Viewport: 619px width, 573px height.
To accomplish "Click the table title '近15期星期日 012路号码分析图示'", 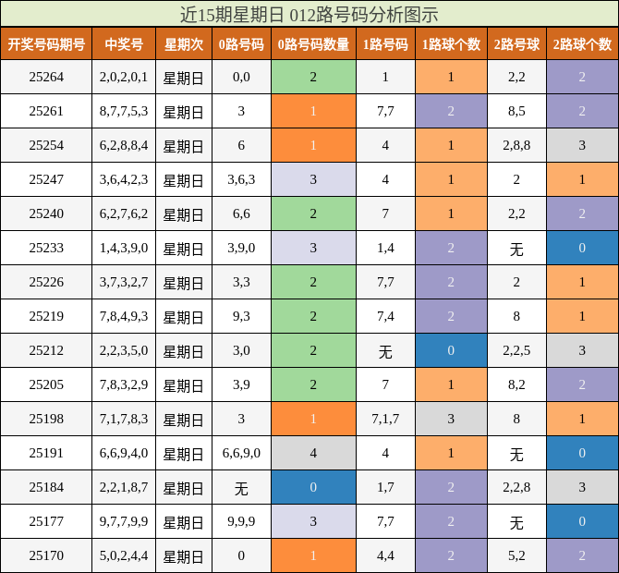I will pos(309,14).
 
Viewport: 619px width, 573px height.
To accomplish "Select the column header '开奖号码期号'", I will pos(46,44).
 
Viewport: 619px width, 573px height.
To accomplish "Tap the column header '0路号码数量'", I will pos(313,44).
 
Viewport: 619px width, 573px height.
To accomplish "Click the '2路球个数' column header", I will pos(582,44).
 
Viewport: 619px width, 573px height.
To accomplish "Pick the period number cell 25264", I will pos(46,78).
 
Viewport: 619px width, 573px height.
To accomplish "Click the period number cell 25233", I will pos(46,249).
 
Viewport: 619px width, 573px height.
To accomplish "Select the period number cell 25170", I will pos(46,556).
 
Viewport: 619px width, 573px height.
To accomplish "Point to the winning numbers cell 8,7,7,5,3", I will pos(124,112).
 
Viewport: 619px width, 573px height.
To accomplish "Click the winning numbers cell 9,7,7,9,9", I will pos(124,522).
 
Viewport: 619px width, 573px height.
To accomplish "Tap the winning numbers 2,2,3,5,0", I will pos(124,351).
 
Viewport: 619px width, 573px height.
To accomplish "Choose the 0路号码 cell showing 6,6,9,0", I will pos(241,454).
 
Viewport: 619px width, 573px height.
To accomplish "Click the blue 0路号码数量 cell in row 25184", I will pos(313,488).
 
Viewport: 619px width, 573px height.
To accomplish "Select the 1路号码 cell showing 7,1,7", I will pos(385,420).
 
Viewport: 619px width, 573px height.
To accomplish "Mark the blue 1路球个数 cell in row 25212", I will pos(451,351).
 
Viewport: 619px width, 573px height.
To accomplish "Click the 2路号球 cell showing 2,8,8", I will pos(516,146).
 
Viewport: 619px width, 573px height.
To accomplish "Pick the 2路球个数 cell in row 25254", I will pos(582,146).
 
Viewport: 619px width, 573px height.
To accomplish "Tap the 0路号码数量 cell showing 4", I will pos(313,454).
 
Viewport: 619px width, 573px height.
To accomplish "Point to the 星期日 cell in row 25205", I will pos(183,385).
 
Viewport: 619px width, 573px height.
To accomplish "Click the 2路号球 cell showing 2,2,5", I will pos(516,351).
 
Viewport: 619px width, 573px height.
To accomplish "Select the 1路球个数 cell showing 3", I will pos(451,420).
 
